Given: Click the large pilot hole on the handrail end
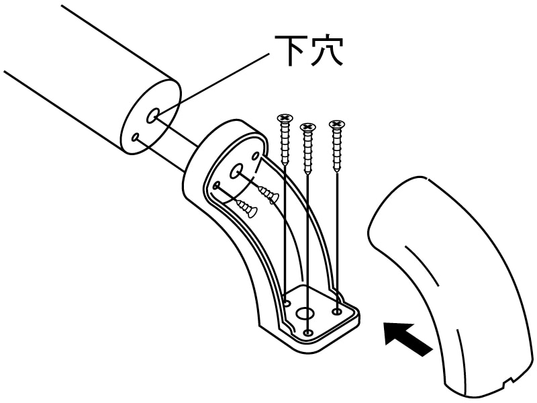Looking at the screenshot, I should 153,116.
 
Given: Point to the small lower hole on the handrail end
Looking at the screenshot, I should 136,137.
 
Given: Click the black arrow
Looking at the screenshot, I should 407,339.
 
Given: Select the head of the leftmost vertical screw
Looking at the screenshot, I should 285,119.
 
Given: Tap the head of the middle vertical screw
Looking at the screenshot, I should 307,127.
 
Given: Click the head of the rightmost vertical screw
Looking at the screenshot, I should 336,124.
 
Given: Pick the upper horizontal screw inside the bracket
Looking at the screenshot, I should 268,194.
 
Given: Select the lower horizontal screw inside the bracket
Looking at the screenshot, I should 246,209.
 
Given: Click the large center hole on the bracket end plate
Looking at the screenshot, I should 237,172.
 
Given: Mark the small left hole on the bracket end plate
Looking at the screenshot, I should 217,185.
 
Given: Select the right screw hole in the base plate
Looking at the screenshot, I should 336,311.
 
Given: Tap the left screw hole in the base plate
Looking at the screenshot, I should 287,304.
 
